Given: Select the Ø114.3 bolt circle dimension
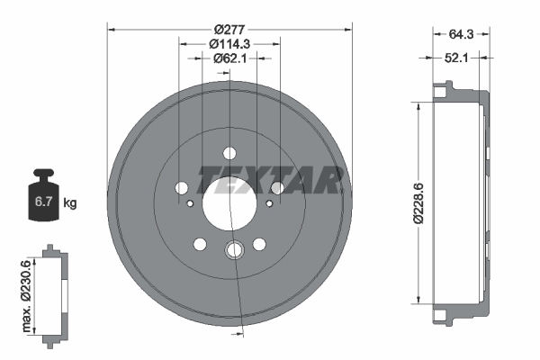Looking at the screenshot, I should (229, 44).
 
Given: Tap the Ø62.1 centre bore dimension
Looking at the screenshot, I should (229, 58).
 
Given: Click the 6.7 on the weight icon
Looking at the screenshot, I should (41, 203).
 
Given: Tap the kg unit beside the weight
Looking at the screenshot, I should (70, 203).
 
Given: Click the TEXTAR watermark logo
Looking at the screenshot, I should (269, 181).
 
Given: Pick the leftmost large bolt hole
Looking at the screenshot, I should (181, 188).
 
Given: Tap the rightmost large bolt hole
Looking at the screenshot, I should (277, 187).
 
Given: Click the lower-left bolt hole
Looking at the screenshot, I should (199, 244).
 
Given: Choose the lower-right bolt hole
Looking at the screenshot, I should (259, 244).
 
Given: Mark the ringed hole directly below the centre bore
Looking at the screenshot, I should (235, 251).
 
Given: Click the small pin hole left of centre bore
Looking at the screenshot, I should (190, 203).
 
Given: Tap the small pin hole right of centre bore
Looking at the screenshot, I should (268, 203).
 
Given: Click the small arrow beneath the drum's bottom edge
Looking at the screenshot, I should (238, 335).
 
